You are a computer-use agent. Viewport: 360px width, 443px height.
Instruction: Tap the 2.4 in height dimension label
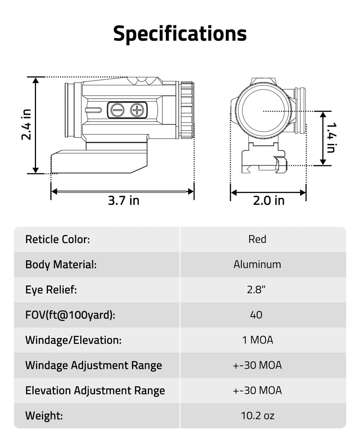click(x=26, y=125)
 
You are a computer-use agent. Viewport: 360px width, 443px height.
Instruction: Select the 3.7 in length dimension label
click(x=123, y=200)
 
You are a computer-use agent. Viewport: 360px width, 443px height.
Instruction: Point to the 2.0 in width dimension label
click(x=269, y=200)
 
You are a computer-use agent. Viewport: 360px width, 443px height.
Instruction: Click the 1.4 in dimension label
click(x=331, y=138)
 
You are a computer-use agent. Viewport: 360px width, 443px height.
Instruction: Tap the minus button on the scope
click(x=118, y=110)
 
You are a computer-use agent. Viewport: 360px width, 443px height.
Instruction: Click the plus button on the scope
click(x=137, y=110)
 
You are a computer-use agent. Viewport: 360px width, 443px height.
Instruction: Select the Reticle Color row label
click(x=58, y=239)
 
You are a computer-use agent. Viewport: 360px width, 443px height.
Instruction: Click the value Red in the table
click(x=257, y=239)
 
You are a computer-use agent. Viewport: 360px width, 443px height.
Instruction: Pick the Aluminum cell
click(x=257, y=265)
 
